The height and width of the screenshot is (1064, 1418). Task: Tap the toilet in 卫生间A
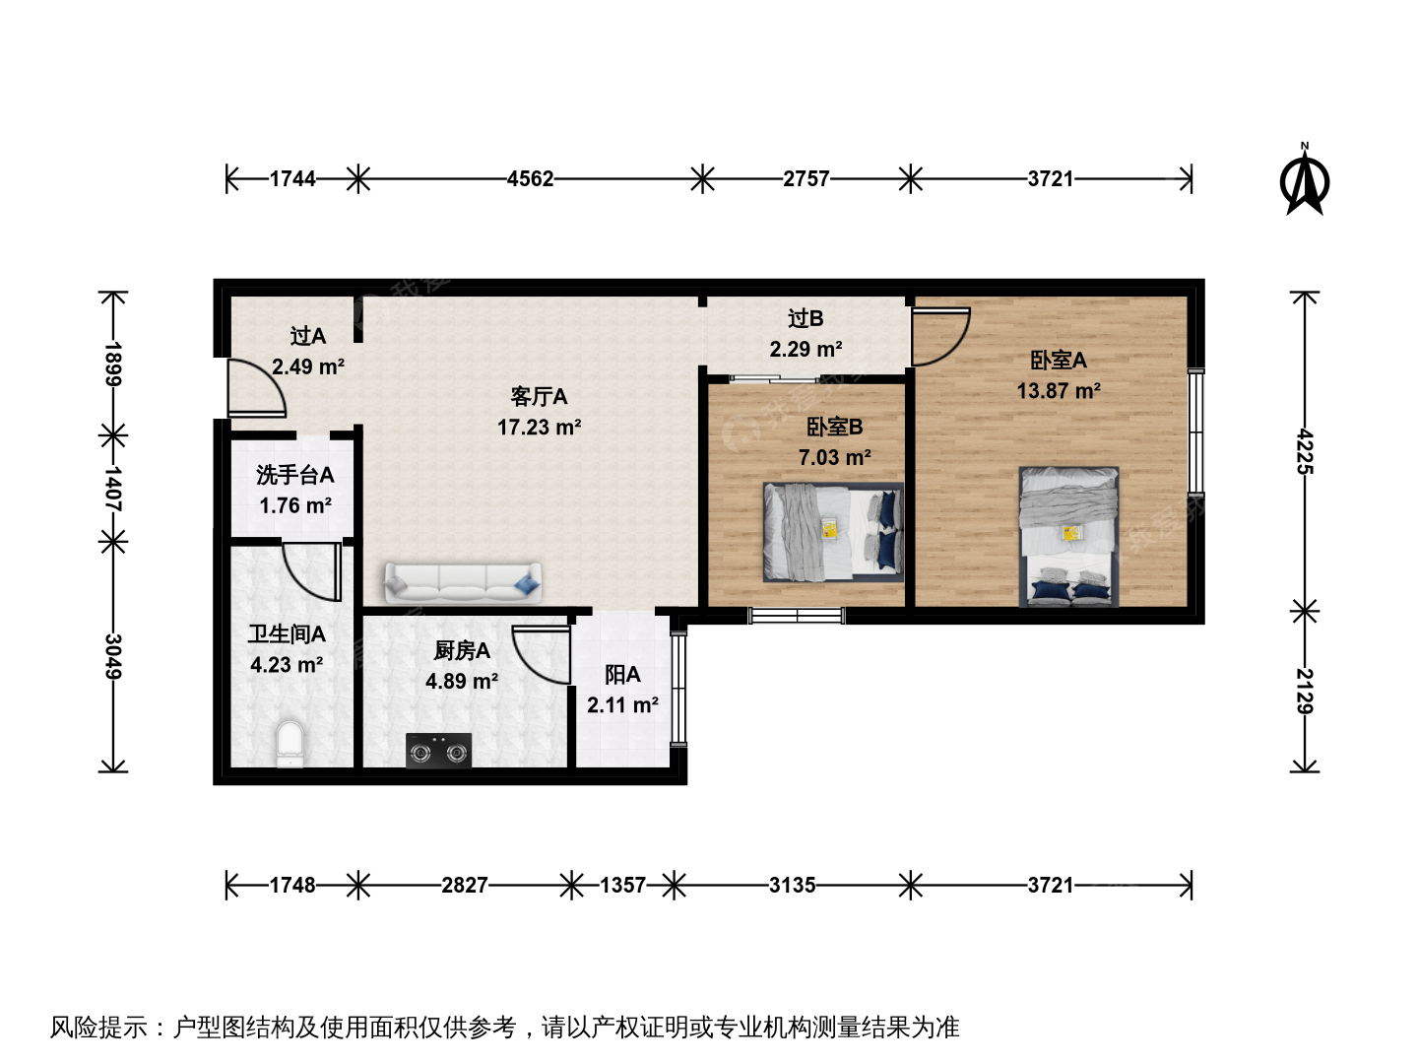[290, 744]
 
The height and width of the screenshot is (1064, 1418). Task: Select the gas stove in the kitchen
[438, 750]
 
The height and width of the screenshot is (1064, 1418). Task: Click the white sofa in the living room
[463, 582]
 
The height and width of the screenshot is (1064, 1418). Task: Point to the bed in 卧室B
[833, 532]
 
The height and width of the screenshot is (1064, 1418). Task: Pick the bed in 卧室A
[1068, 537]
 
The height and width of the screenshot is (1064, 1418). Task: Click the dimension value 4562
[531, 179]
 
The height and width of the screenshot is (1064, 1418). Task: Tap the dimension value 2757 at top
[806, 179]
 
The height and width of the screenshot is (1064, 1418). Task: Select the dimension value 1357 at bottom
[622, 885]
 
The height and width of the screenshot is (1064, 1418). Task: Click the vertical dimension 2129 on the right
[1305, 691]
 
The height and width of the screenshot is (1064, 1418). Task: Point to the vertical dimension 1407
[112, 489]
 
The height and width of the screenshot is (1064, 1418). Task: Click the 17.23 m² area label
[539, 427]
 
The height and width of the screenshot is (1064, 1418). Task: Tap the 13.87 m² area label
[1059, 391]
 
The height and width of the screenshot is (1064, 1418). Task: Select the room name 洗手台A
[294, 475]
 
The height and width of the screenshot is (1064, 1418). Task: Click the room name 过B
[806, 318]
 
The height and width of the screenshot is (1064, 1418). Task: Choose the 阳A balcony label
[622, 675]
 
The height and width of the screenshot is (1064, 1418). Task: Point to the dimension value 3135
[792, 885]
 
